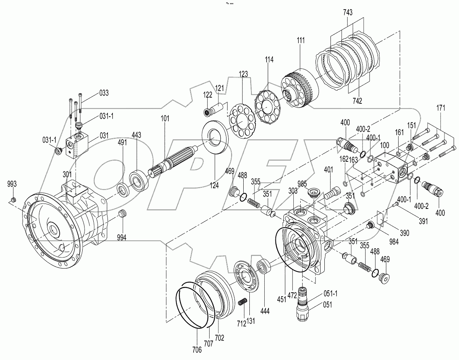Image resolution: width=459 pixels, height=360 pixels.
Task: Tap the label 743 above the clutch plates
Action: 348,13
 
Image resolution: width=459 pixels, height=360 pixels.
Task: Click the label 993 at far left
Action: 12,184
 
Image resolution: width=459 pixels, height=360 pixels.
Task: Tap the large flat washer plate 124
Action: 215,137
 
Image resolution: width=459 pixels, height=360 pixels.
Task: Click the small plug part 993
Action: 13,200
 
